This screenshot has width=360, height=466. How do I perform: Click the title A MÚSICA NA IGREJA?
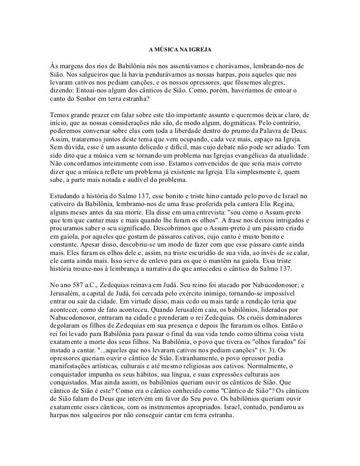180,50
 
